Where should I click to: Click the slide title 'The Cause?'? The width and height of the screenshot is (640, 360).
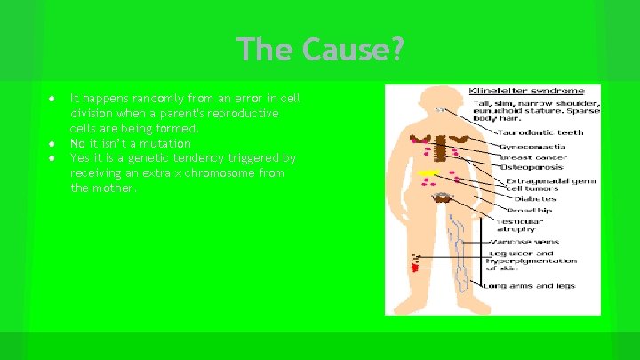point(320,49)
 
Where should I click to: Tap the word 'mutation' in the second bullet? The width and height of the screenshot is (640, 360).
point(167,143)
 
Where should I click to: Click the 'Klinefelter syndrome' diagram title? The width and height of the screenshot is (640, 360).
point(526,90)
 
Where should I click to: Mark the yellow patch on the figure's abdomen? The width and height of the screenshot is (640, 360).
point(428,172)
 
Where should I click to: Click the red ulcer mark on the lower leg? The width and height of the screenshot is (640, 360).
point(414,265)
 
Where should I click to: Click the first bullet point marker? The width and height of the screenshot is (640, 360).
point(53,99)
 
